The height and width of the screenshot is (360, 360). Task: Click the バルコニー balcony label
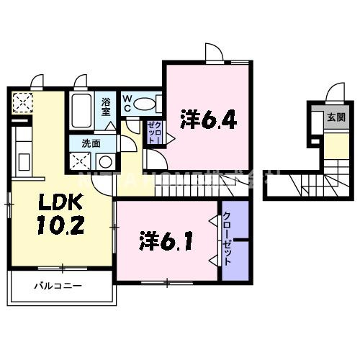tap(57, 287)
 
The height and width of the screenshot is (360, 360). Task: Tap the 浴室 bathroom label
tap(106, 107)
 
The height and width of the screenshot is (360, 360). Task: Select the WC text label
tap(127, 102)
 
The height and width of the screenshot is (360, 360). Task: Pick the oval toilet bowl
tap(145, 103)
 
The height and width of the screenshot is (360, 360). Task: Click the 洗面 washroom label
tap(90, 143)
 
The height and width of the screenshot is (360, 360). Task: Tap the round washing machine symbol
tap(105, 161)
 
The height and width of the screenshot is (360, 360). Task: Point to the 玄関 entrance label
tap(335, 117)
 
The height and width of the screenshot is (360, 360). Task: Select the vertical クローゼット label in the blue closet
tap(228, 238)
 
